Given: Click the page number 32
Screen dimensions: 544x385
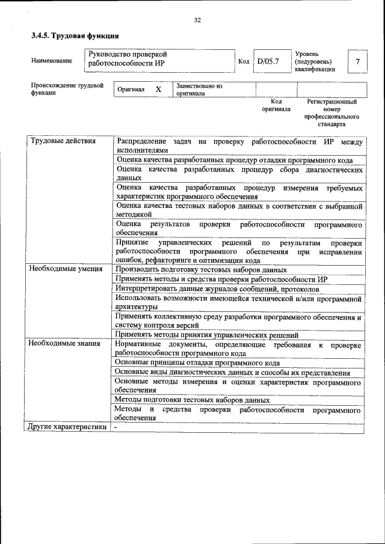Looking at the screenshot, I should tap(197, 20).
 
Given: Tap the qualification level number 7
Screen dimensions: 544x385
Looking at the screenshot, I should tap(358, 61).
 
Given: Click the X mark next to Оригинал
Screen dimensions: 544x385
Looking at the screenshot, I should tap(159, 90).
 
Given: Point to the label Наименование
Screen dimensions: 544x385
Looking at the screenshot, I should tap(52, 61).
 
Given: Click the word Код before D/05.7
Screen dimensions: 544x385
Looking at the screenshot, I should tap(244, 61).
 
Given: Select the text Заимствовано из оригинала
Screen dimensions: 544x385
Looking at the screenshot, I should tap(199, 90).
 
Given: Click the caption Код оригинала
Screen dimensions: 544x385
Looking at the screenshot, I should tap(276, 105).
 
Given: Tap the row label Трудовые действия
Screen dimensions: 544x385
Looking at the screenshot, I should tap(63, 141).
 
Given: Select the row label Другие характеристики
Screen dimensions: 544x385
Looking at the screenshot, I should tap(68, 427).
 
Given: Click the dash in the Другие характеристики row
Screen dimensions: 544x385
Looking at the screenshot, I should tap(116, 427).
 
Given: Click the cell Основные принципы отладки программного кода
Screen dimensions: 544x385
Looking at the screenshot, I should tap(197, 363).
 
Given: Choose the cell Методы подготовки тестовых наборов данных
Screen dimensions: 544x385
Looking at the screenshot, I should tap(192, 400).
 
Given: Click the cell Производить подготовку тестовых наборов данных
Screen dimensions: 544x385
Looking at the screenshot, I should tap(202, 270).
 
